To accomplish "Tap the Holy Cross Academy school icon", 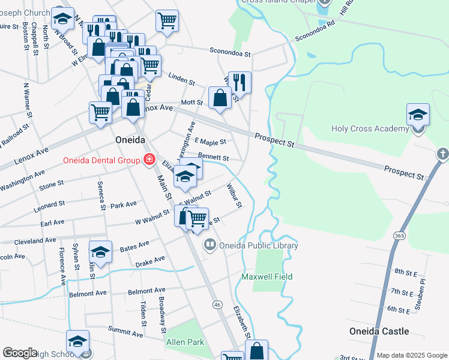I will tap(418, 115).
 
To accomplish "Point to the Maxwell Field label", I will tap(267, 277).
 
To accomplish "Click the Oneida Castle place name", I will tap(379, 331).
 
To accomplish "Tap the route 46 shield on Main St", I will tap(217, 305).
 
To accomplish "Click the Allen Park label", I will tap(185, 342).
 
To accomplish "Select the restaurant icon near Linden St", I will tap(240, 82).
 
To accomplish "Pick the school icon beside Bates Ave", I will tap(101, 252).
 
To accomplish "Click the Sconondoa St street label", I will tap(230, 53).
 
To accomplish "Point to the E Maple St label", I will tap(209, 142).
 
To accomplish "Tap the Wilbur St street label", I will tap(234, 196).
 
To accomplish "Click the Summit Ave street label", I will tap(125, 330).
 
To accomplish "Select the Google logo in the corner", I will tap(20, 353).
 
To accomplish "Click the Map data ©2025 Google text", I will tap(411, 355).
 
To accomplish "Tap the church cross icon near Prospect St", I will tap(443, 153).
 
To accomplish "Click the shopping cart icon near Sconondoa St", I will tap(167, 20).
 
